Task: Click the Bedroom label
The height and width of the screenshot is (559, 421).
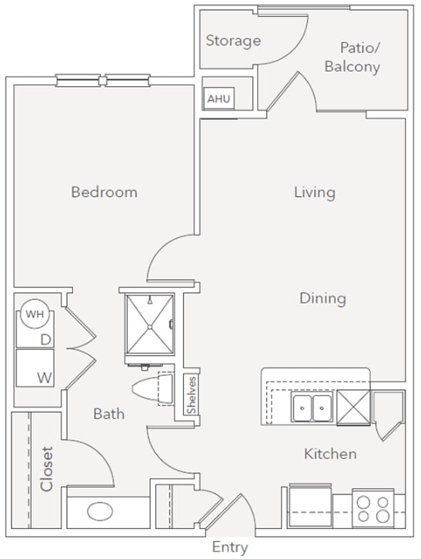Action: coord(104,191)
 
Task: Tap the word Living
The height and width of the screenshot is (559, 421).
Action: coord(314,191)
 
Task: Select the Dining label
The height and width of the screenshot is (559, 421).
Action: coord(322,298)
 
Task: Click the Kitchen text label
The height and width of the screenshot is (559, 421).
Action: coord(330,454)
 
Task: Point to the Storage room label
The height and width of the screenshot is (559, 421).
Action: coord(232,41)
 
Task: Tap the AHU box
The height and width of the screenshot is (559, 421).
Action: coord(216,99)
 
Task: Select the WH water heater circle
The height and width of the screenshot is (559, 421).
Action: coord(34,313)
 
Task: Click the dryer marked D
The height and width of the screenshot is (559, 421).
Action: coord(45,338)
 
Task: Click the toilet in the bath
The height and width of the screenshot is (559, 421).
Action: coord(153,389)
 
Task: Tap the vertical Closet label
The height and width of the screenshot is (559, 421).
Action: coord(47,468)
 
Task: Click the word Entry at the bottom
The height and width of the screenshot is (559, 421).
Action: coord(229,547)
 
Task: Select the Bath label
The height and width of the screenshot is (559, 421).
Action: coord(109,414)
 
